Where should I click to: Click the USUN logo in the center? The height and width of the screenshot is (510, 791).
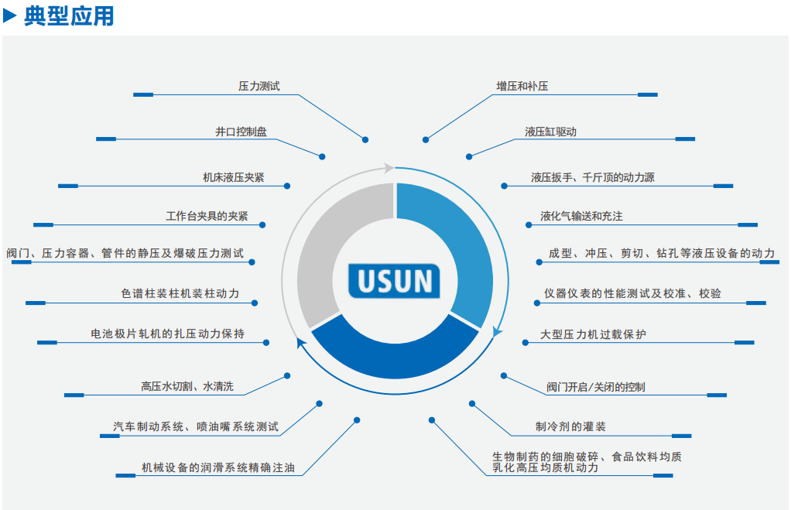point(394,281)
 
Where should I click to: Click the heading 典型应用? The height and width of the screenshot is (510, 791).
point(69,15)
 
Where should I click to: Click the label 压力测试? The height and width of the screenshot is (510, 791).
point(259,87)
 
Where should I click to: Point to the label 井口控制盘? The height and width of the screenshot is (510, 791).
point(241,132)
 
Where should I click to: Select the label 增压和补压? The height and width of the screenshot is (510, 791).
point(522,87)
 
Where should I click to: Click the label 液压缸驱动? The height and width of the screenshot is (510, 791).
point(550,132)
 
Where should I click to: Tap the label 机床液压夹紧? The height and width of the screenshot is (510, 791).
point(233,178)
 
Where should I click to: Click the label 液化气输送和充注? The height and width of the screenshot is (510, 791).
point(581,217)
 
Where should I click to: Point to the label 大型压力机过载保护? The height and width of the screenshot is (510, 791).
point(593,335)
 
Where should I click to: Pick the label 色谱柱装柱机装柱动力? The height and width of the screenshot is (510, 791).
point(180,294)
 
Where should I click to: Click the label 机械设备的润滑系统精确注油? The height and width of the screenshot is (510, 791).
point(217,468)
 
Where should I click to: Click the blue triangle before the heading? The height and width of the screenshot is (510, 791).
point(10,15)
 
